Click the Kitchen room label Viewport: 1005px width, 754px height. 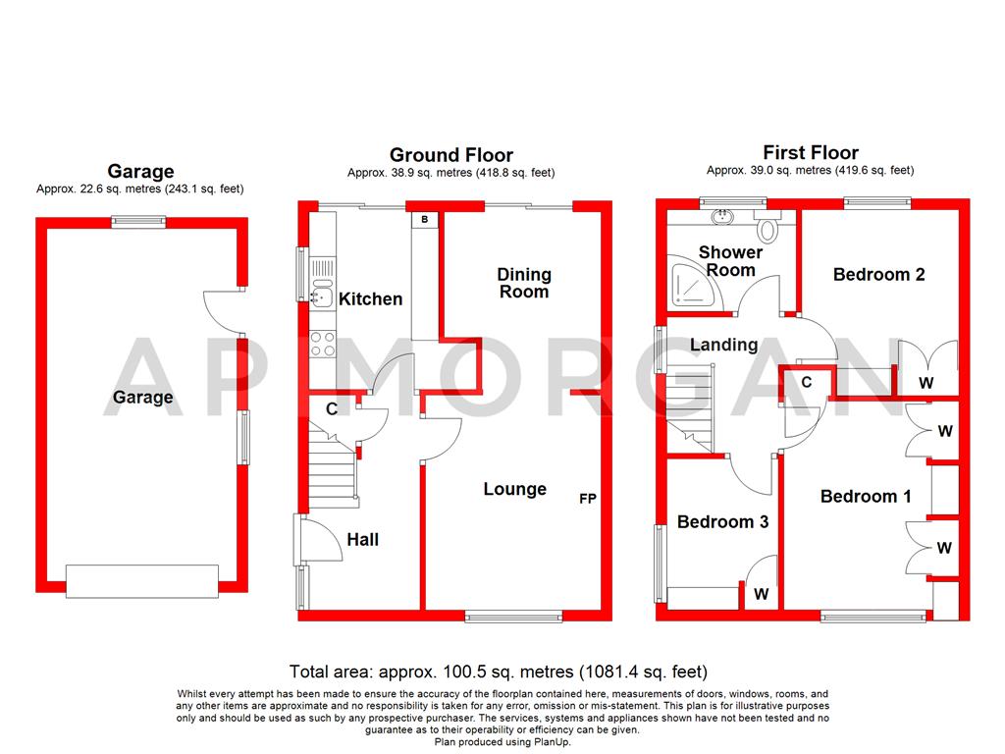[x=370, y=298]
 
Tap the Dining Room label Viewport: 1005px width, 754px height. [x=524, y=283]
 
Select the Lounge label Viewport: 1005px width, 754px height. [x=514, y=489]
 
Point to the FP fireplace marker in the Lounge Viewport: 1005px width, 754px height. [x=588, y=499]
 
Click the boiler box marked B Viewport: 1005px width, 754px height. [x=424, y=220]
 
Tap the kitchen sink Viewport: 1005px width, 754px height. [x=321, y=292]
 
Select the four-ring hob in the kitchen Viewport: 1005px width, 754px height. [x=322, y=344]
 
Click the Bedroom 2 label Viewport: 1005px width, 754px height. [x=878, y=275]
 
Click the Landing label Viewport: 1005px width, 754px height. [x=723, y=345]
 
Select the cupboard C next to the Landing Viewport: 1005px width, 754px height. [x=806, y=382]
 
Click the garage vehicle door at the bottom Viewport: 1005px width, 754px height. [x=142, y=580]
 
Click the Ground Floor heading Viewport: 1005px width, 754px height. [x=450, y=155]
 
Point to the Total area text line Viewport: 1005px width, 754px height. [x=498, y=673]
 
